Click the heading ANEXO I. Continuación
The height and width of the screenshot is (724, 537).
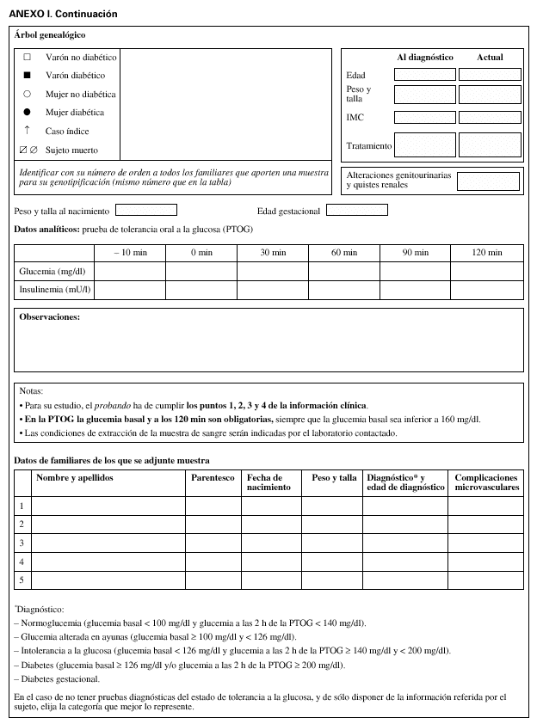(63, 15)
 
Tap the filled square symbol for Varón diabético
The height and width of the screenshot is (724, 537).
(27, 76)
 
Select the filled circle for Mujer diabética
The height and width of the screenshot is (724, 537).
(27, 113)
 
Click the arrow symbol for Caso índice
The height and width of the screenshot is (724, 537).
(27, 131)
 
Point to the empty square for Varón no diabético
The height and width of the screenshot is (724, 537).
(27, 57)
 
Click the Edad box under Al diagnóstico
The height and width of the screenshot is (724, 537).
(424, 75)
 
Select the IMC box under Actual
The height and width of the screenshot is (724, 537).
(489, 116)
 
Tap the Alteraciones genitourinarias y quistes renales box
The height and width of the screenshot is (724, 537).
(488, 181)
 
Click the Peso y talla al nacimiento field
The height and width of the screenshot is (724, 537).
(145, 210)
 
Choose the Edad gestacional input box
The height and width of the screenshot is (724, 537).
(356, 210)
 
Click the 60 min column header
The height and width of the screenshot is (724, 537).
(344, 253)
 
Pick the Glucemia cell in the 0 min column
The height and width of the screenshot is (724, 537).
(201, 272)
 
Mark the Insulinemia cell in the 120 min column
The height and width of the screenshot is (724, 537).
(487, 291)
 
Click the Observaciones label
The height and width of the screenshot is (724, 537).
(49, 317)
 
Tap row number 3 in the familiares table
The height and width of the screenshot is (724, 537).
(22, 543)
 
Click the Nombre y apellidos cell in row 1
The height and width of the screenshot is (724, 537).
(108, 506)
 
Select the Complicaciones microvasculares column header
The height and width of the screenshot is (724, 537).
(486, 482)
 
